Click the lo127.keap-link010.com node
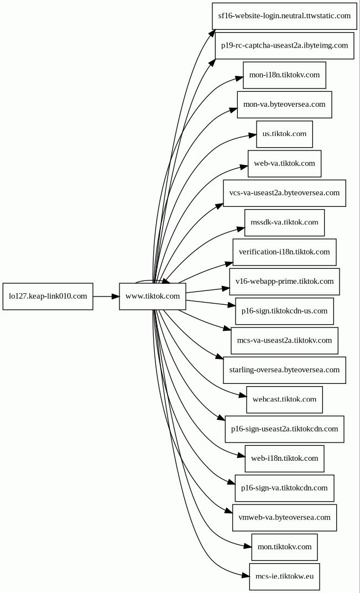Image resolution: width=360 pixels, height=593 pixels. click(x=48, y=296)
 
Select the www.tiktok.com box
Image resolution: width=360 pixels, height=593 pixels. click(x=153, y=296)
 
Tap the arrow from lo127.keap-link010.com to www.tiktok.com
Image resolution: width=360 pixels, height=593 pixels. click(x=106, y=296)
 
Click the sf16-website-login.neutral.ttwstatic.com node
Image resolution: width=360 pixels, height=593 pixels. click(x=284, y=16)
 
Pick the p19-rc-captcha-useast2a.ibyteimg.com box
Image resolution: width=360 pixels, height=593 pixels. click(x=284, y=45)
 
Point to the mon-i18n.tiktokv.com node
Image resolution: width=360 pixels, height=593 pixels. click(x=284, y=75)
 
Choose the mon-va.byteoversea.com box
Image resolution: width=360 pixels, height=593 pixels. click(x=284, y=105)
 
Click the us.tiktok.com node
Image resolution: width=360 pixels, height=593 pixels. click(x=284, y=134)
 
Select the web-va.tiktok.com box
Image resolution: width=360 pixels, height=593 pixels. click(x=284, y=163)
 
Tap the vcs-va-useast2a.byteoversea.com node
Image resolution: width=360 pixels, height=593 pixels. click(x=284, y=193)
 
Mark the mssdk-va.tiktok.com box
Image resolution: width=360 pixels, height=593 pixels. click(x=284, y=222)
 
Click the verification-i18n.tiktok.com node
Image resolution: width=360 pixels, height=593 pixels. click(x=284, y=252)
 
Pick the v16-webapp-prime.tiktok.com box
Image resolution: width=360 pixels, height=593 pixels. click(x=284, y=282)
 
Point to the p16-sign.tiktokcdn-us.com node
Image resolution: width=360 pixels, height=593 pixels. click(x=284, y=311)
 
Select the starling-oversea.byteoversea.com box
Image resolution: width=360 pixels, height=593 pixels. click(x=284, y=370)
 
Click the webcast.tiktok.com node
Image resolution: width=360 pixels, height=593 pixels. click(x=284, y=399)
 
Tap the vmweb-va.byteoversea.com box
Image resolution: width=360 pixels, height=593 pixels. click(x=284, y=517)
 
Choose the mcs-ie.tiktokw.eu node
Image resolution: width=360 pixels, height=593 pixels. click(x=284, y=576)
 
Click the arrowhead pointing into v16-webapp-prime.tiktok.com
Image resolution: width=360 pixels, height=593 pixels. click(x=225, y=289)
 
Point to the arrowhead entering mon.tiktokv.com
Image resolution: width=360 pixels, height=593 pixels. click(x=247, y=546)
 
